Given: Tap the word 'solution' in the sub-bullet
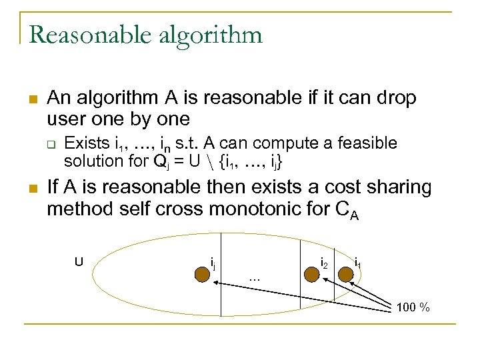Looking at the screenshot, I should coord(91,161).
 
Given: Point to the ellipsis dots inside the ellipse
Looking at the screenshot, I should coord(253,278).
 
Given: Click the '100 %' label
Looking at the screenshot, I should coord(413,307).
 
